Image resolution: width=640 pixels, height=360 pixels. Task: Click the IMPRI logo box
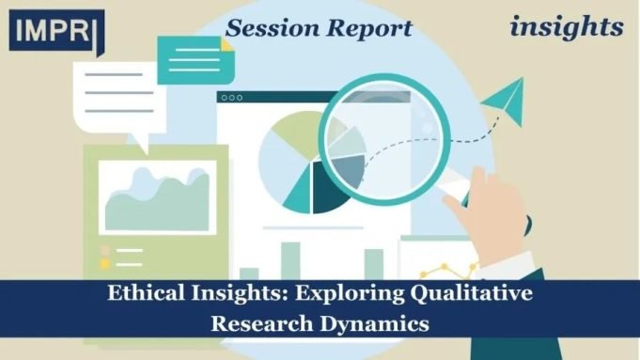[x=52, y=31]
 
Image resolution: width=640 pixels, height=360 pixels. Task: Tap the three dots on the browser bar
[x=231, y=97]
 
